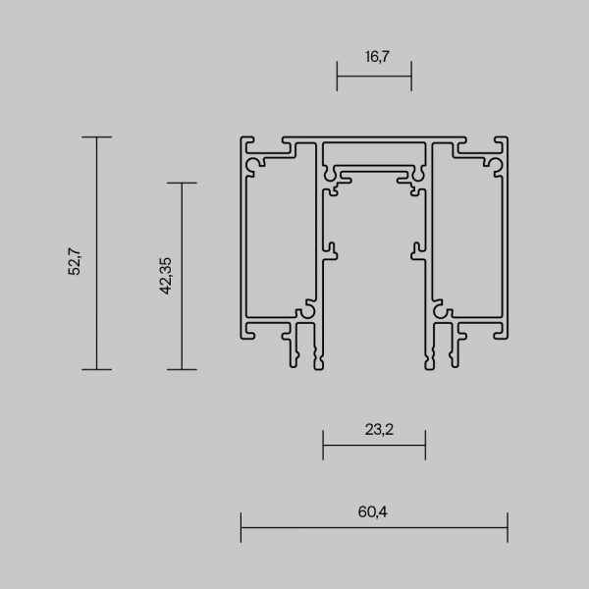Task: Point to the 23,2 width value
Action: pyautogui.click(x=374, y=430)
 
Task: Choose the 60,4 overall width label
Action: pyautogui.click(x=374, y=512)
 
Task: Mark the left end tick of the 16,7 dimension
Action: pyautogui.click(x=337, y=75)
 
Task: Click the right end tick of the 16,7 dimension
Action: pyautogui.click(x=411, y=75)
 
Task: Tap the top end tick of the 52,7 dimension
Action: pyautogui.click(x=96, y=136)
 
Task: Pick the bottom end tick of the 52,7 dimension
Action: pyautogui.click(x=96, y=369)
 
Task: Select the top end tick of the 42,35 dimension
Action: pyautogui.click(x=182, y=183)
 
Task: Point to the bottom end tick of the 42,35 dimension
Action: pyautogui.click(x=182, y=369)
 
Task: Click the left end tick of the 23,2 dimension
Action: pyautogui.click(x=323, y=445)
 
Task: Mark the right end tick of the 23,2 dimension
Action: pyautogui.click(x=425, y=445)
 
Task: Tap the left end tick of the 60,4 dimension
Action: pyautogui.click(x=241, y=527)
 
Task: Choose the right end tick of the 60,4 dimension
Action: pyautogui.click(x=508, y=527)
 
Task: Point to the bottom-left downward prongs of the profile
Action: pyautogui.click(x=305, y=348)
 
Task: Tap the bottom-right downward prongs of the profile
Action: pyautogui.click(x=443, y=348)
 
